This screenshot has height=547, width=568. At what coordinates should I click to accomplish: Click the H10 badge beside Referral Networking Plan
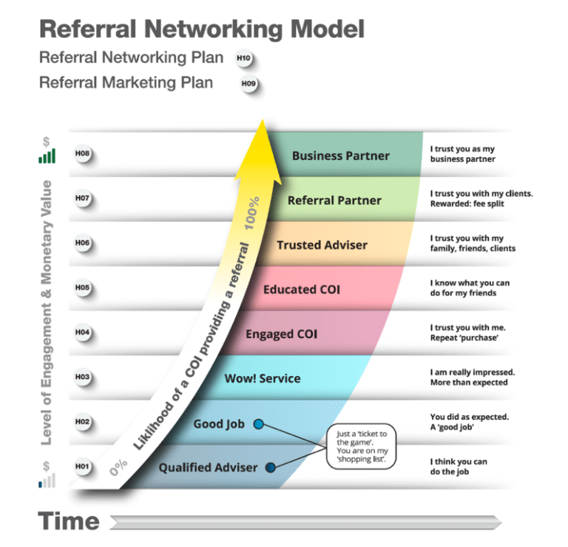243,58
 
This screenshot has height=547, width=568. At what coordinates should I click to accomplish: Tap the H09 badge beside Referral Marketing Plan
248,84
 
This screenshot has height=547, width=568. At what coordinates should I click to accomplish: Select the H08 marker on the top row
82,154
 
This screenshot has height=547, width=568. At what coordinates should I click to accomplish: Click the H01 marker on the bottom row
82,466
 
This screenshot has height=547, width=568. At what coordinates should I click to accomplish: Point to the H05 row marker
82,288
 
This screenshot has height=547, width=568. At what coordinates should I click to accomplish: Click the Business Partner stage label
340,155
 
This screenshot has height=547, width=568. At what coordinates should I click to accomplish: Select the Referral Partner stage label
334,200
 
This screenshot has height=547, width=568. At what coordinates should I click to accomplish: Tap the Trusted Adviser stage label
322,245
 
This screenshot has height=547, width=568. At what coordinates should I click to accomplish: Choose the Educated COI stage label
302,289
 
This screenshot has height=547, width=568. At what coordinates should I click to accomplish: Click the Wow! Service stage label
263,378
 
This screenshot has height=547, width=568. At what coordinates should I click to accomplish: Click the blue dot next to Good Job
259,424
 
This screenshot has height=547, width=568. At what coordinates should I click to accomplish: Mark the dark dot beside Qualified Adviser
271,467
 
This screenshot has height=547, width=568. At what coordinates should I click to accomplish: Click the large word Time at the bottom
69,521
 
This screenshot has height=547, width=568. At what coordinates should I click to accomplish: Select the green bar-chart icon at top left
47,156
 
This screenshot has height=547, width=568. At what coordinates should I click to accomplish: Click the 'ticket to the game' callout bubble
360,447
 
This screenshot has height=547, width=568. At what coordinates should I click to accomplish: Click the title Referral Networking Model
201,30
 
